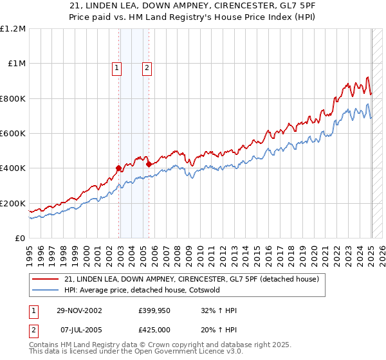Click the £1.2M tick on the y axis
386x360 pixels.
12,29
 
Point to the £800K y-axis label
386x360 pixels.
12,98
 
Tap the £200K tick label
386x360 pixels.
12,203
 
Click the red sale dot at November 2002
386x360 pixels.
119,168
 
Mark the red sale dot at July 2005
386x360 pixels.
149,164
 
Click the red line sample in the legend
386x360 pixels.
45,279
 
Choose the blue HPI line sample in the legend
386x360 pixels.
45,290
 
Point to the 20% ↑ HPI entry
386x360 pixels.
219,330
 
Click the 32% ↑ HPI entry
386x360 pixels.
219,311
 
